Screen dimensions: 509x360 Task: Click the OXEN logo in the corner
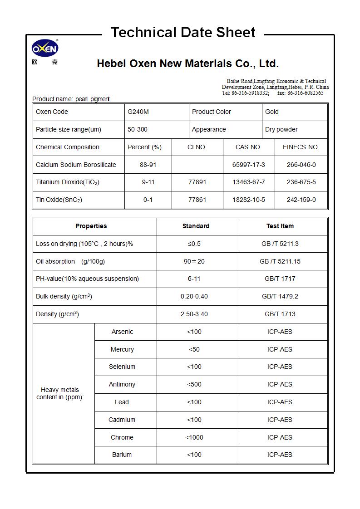(x=45, y=49)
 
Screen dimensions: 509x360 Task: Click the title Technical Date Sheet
(x=183, y=33)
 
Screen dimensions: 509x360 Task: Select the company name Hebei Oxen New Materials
(x=187, y=64)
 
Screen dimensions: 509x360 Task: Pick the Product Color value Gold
(x=272, y=112)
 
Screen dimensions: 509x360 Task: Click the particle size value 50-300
(x=137, y=129)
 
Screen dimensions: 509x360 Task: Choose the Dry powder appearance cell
(x=281, y=129)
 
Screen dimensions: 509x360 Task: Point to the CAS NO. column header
(x=248, y=147)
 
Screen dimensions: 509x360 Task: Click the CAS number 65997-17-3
(x=248, y=165)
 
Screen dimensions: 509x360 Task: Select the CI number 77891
(x=197, y=182)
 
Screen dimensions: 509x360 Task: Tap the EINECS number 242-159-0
(x=301, y=200)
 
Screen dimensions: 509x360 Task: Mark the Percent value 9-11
(x=148, y=182)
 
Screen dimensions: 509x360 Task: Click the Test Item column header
(x=280, y=226)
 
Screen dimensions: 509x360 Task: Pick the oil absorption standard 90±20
(x=194, y=261)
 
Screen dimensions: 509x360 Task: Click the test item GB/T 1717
(x=280, y=279)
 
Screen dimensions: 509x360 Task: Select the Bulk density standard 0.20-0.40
(x=194, y=296)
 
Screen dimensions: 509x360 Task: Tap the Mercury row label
(x=122, y=349)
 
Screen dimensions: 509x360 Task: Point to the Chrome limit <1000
(x=194, y=437)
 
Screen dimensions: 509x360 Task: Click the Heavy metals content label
(x=60, y=393)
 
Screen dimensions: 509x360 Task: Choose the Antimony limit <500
(x=194, y=384)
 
